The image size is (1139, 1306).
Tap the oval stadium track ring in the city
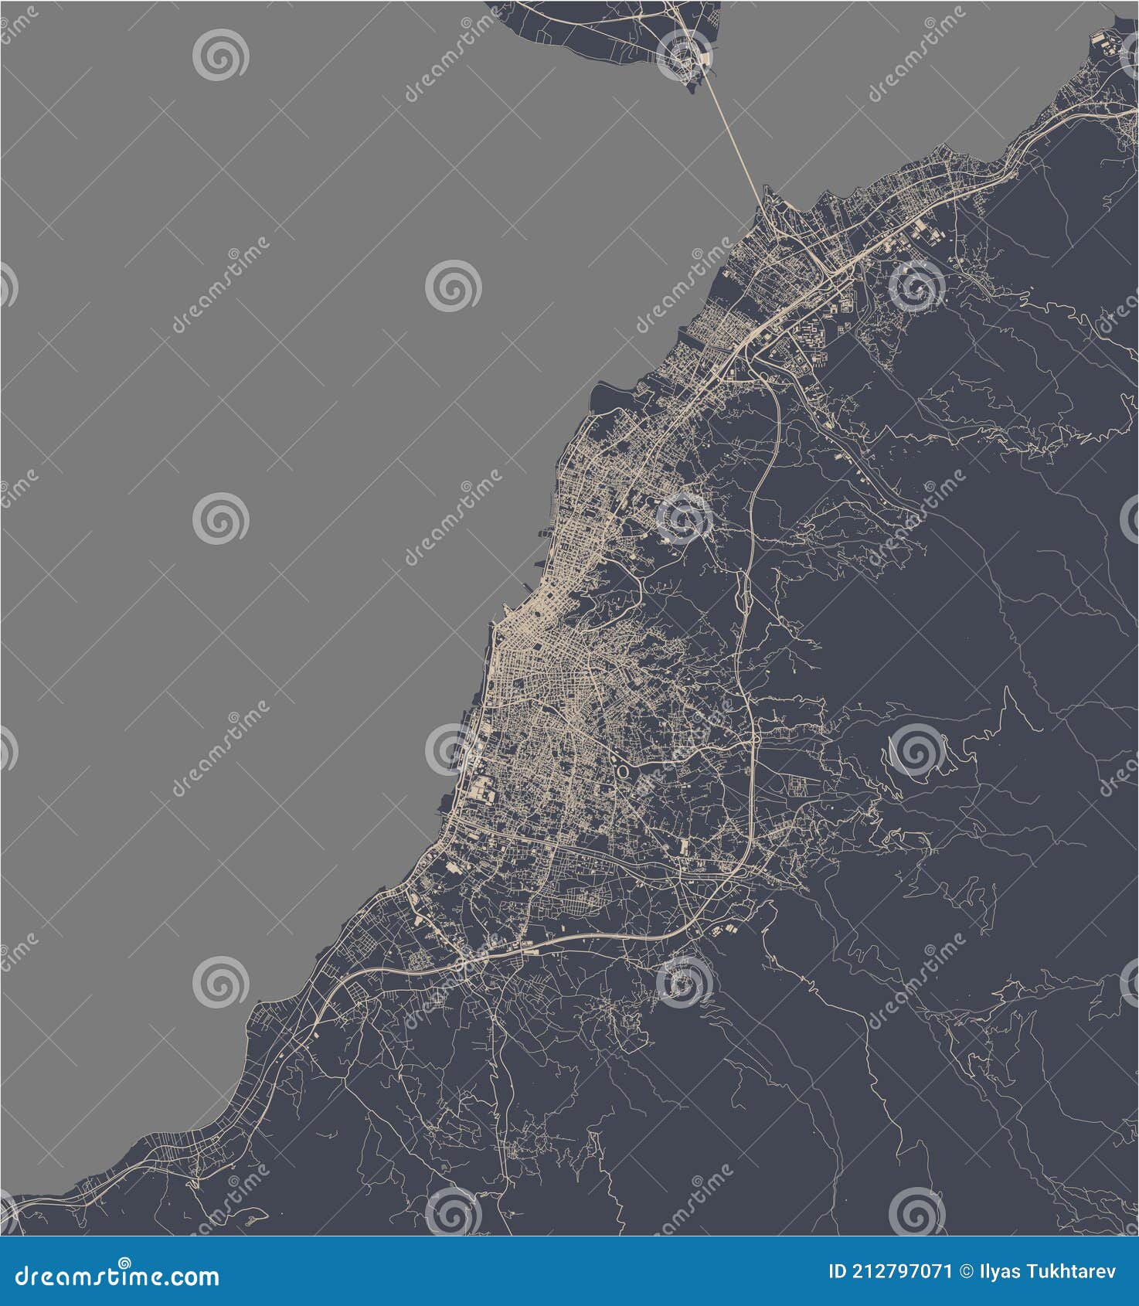click(x=622, y=770)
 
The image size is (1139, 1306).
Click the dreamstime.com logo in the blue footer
click(x=117, y=1274)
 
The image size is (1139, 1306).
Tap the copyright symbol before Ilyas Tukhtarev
click(x=966, y=1271)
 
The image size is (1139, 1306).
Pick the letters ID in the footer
click(x=837, y=1271)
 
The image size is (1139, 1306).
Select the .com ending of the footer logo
click(x=189, y=1276)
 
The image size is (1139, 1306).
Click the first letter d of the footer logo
click(x=22, y=1276)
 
